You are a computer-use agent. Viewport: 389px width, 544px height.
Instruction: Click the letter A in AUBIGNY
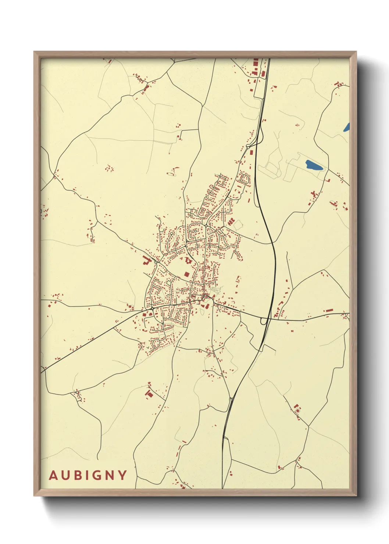click(x=54, y=475)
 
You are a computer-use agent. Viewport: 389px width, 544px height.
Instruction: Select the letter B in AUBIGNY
click(x=77, y=475)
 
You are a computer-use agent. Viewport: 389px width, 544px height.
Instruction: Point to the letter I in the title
click(x=86, y=475)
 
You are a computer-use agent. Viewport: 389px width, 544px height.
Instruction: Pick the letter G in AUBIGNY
click(x=96, y=475)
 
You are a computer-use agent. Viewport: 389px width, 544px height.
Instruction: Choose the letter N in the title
click(x=109, y=475)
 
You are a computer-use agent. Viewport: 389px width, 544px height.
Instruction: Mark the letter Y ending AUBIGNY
click(x=122, y=475)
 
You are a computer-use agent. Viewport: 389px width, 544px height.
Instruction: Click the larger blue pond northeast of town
click(x=314, y=165)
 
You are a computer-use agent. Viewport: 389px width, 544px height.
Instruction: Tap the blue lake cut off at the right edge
click(x=346, y=127)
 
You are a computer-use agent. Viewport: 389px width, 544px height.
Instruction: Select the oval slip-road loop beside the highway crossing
click(x=264, y=321)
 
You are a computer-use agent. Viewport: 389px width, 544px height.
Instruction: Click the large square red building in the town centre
click(x=186, y=274)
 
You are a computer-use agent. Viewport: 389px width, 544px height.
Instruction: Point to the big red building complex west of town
click(x=147, y=261)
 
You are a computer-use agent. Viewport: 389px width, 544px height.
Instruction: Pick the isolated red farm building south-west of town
click(x=149, y=394)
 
